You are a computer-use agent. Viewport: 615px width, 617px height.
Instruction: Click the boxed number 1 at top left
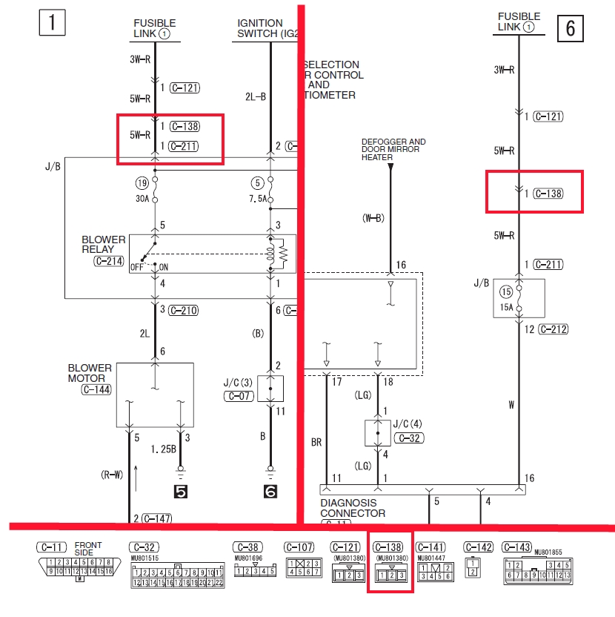tap(51, 22)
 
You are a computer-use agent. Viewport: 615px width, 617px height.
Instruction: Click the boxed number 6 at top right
tap(570, 27)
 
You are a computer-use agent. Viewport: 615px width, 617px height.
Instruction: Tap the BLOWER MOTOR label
tap(90, 372)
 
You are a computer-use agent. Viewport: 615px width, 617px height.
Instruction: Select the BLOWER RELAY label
tap(103, 245)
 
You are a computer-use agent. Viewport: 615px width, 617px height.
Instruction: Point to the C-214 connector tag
tap(109, 260)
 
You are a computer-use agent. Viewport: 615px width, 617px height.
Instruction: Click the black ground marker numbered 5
tap(180, 490)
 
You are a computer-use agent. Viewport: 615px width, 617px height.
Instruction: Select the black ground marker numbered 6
tap(270, 490)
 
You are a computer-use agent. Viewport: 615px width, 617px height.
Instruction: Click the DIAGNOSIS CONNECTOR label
tap(353, 508)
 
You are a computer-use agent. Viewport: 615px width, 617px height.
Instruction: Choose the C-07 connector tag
tap(240, 397)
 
